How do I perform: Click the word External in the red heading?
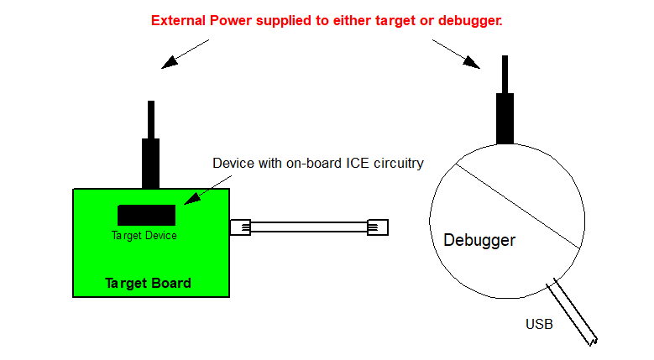[x=177, y=19]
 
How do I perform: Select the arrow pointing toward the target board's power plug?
[x=185, y=53]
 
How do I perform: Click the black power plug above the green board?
[x=150, y=159]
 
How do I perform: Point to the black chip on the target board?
[x=146, y=215]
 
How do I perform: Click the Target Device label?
[x=144, y=236]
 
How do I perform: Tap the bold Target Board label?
[x=148, y=283]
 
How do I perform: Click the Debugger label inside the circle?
[x=479, y=241]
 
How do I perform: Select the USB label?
[x=539, y=323]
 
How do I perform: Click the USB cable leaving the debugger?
[x=573, y=312]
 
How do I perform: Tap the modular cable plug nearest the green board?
[x=241, y=227]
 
